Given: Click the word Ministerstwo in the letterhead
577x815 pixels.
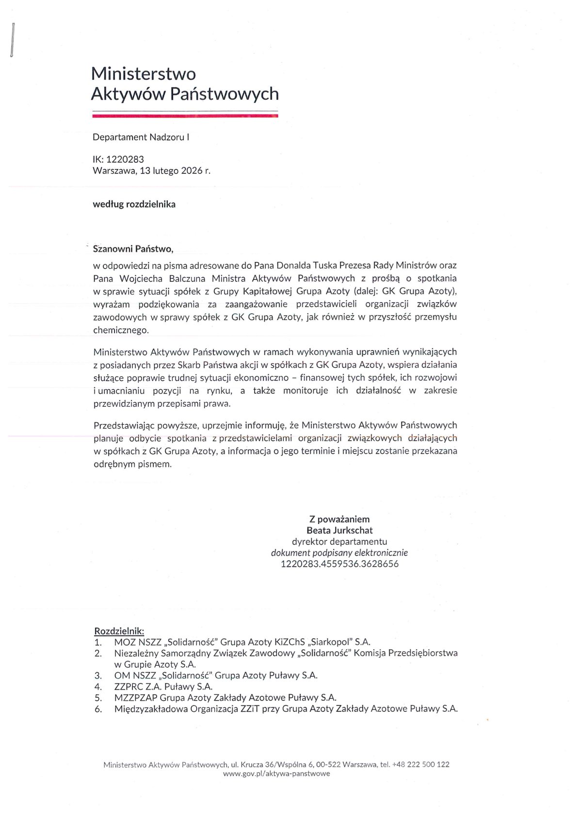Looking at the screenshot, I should click(143, 74).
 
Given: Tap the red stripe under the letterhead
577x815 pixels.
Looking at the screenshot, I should click(185, 116).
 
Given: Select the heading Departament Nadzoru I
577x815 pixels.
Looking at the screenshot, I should click(141, 137).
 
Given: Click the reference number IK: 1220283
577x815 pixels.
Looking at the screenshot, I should click(118, 159).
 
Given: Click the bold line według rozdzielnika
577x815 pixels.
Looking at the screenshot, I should click(134, 204).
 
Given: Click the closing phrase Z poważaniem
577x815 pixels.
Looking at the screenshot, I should click(339, 519).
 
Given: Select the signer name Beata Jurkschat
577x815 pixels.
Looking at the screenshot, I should click(339, 530).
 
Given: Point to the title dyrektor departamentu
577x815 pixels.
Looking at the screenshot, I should click(339, 541).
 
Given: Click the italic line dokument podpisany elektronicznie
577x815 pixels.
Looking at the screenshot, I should click(339, 553).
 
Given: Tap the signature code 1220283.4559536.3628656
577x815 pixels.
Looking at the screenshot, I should click(339, 564).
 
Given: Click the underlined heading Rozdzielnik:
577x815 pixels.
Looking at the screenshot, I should click(119, 631).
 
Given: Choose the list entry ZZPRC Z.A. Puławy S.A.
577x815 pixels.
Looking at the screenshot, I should click(163, 687).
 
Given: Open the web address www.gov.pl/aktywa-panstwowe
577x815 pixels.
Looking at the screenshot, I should click(276, 774).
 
